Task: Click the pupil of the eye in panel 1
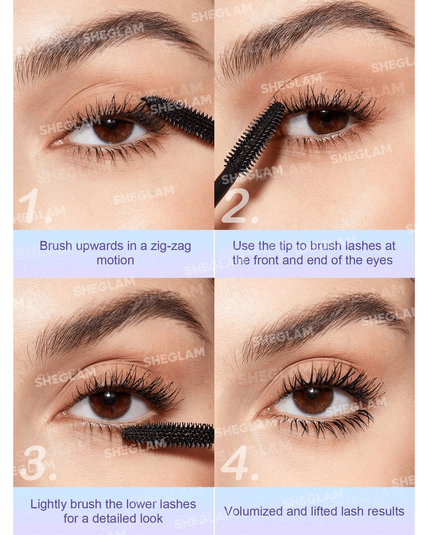click(111, 124)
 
